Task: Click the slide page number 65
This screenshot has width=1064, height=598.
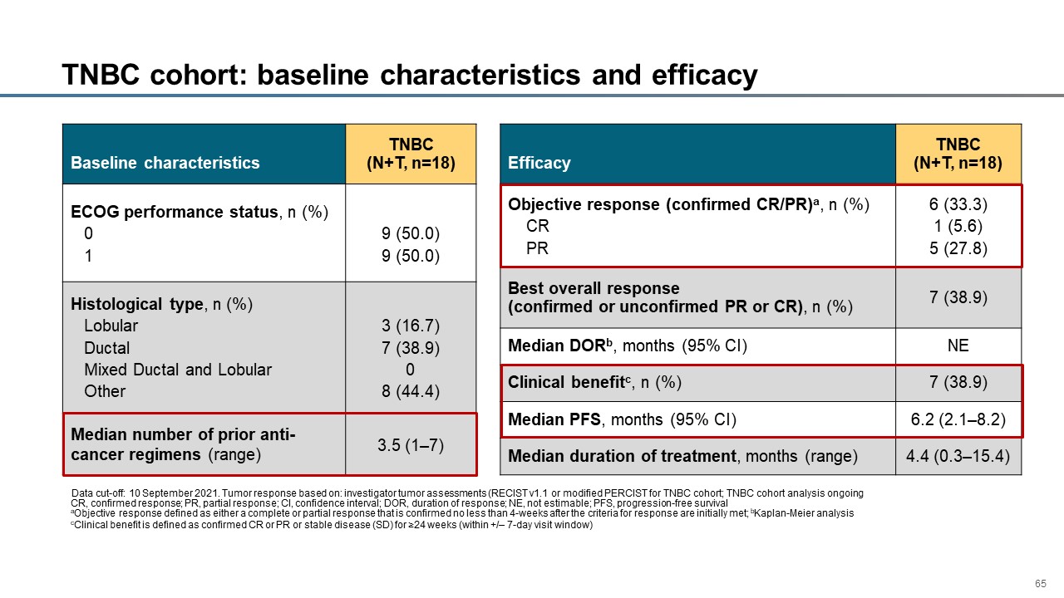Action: tap(1040, 583)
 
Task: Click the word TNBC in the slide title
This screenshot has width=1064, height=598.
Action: tap(101, 75)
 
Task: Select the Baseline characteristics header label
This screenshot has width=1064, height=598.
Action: tap(165, 163)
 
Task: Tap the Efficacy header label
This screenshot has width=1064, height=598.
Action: tap(539, 163)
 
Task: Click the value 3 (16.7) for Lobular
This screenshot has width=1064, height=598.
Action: tap(411, 326)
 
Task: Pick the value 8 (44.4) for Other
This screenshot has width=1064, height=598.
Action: tap(411, 391)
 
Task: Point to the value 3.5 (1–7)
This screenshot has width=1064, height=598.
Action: tap(411, 445)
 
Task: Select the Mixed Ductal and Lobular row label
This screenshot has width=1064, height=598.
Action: tap(178, 370)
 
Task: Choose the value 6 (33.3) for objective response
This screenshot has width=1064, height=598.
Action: tap(958, 204)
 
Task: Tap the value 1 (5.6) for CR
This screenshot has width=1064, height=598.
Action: tap(958, 226)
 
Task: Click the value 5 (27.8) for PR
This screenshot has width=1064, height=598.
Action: tap(958, 248)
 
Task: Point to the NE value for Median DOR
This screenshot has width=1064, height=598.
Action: tap(958, 345)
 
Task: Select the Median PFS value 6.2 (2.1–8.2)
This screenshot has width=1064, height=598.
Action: tap(958, 419)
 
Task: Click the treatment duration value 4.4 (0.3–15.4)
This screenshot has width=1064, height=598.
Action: tap(958, 456)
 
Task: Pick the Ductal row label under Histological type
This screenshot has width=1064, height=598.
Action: tap(107, 348)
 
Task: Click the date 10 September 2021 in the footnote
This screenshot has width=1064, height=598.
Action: tap(173, 493)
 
